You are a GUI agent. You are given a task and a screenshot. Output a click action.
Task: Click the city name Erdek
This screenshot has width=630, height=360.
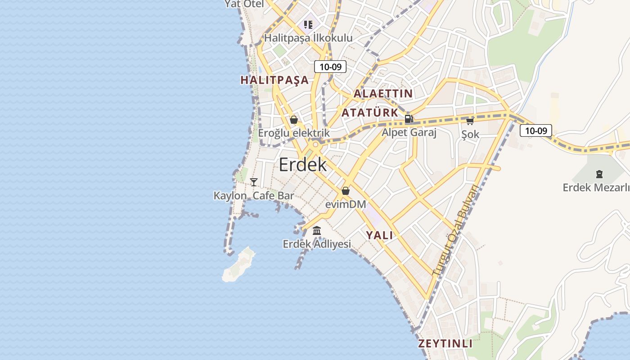click(302, 165)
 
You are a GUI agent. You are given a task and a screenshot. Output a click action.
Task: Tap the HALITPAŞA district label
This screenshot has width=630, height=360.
click(274, 80)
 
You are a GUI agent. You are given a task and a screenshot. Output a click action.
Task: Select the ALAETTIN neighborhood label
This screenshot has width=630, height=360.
click(383, 94)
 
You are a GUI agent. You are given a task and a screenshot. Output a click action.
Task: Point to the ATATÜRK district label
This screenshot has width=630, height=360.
click(370, 112)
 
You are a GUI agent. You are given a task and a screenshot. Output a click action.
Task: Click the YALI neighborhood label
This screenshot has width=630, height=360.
click(379, 235)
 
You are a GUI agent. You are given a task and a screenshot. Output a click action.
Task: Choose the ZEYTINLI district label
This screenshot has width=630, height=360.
click(445, 344)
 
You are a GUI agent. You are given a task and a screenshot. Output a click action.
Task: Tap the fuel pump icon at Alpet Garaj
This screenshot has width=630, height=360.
click(409, 119)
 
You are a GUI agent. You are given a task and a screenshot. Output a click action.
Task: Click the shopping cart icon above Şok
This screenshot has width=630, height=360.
click(470, 121)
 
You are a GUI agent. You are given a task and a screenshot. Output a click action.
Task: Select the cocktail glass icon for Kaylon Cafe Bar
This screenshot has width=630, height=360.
click(254, 182)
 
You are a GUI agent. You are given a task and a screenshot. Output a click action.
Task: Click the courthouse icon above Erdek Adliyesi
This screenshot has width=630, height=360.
click(317, 231)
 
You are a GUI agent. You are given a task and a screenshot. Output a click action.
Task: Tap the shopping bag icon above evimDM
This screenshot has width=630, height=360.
click(346, 191)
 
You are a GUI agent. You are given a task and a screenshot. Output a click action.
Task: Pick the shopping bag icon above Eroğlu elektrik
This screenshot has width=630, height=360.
click(294, 120)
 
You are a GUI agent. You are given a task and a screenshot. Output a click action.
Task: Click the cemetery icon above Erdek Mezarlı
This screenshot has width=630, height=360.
click(599, 174)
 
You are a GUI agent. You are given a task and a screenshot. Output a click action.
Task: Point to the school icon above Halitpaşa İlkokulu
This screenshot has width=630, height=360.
click(308, 24)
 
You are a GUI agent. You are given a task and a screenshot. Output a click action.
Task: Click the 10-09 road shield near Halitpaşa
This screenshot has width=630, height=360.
click(330, 67)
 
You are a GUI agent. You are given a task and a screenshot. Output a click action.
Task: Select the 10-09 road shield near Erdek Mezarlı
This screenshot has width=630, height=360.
click(535, 131)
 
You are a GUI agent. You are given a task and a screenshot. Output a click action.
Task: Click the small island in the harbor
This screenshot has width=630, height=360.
click(238, 265)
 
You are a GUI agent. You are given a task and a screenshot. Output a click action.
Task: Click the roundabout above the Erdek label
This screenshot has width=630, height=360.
click(315, 145)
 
